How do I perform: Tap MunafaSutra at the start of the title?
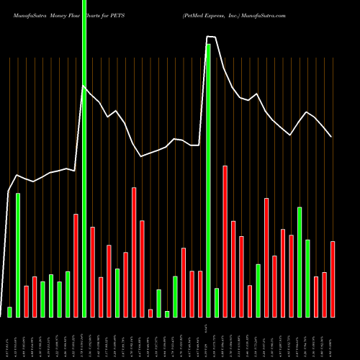(x=28, y=14)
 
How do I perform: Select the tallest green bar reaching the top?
(x=84, y=158)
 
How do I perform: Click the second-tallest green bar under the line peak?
(x=209, y=180)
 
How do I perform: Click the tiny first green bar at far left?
(x=9, y=312)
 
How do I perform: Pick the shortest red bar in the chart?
(x=150, y=313)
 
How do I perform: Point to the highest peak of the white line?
(x=210, y=37)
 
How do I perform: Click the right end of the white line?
(x=331, y=136)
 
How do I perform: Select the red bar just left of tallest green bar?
(x=76, y=265)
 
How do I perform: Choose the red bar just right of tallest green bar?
(x=92, y=271)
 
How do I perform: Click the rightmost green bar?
(x=307, y=278)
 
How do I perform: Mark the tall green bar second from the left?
(x=18, y=255)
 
